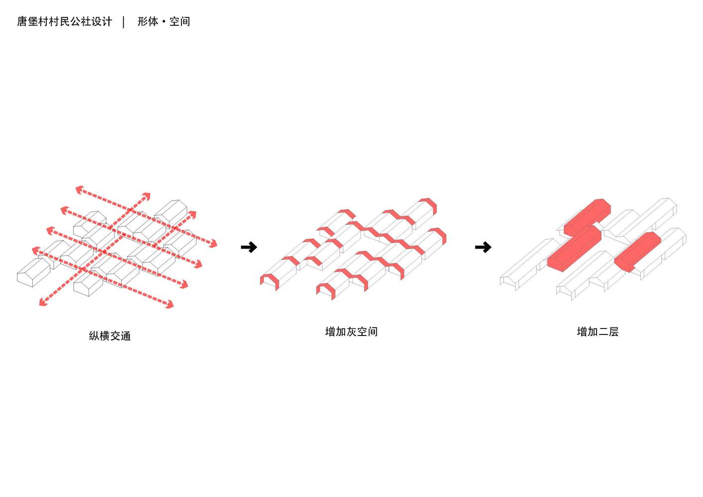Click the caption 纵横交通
(x=110, y=336)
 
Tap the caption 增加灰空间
(x=351, y=331)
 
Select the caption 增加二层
(x=598, y=331)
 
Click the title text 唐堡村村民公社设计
(x=64, y=21)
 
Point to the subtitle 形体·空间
(x=164, y=21)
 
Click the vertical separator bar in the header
(x=124, y=22)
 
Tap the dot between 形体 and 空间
(x=164, y=22)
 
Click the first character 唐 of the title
(x=22, y=21)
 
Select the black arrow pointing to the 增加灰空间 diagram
(x=249, y=247)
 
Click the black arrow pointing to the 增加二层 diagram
(x=483, y=247)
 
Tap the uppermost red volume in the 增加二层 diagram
(x=588, y=217)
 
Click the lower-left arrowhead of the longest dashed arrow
(x=43, y=302)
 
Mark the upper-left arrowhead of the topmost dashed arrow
(x=79, y=189)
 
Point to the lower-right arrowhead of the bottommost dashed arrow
(x=170, y=304)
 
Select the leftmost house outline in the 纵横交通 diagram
(x=33, y=273)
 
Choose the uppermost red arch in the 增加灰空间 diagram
(x=429, y=205)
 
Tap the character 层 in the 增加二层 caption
(x=613, y=331)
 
